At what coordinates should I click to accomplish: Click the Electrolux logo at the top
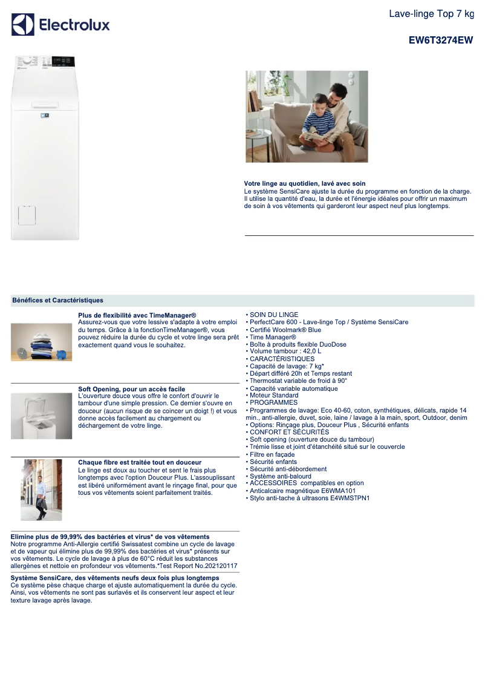(x=60, y=25)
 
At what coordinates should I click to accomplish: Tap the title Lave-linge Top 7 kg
(x=431, y=14)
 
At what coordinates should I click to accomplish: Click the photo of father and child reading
(x=307, y=116)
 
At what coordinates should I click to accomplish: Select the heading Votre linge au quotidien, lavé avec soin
(x=305, y=183)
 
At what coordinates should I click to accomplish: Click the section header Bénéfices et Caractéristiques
(x=57, y=300)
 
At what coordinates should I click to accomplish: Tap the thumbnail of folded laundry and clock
(x=41, y=342)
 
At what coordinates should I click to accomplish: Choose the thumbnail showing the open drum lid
(x=41, y=416)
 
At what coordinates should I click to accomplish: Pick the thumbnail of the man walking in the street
(x=41, y=489)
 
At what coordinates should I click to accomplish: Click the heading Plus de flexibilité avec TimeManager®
(x=137, y=315)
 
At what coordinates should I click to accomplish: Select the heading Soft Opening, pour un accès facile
(x=132, y=389)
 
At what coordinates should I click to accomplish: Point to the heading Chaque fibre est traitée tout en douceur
(x=140, y=462)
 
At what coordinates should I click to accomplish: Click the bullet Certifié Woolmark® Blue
(x=285, y=330)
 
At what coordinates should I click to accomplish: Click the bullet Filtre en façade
(x=272, y=454)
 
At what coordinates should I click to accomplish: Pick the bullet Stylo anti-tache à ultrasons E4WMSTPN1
(x=309, y=498)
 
